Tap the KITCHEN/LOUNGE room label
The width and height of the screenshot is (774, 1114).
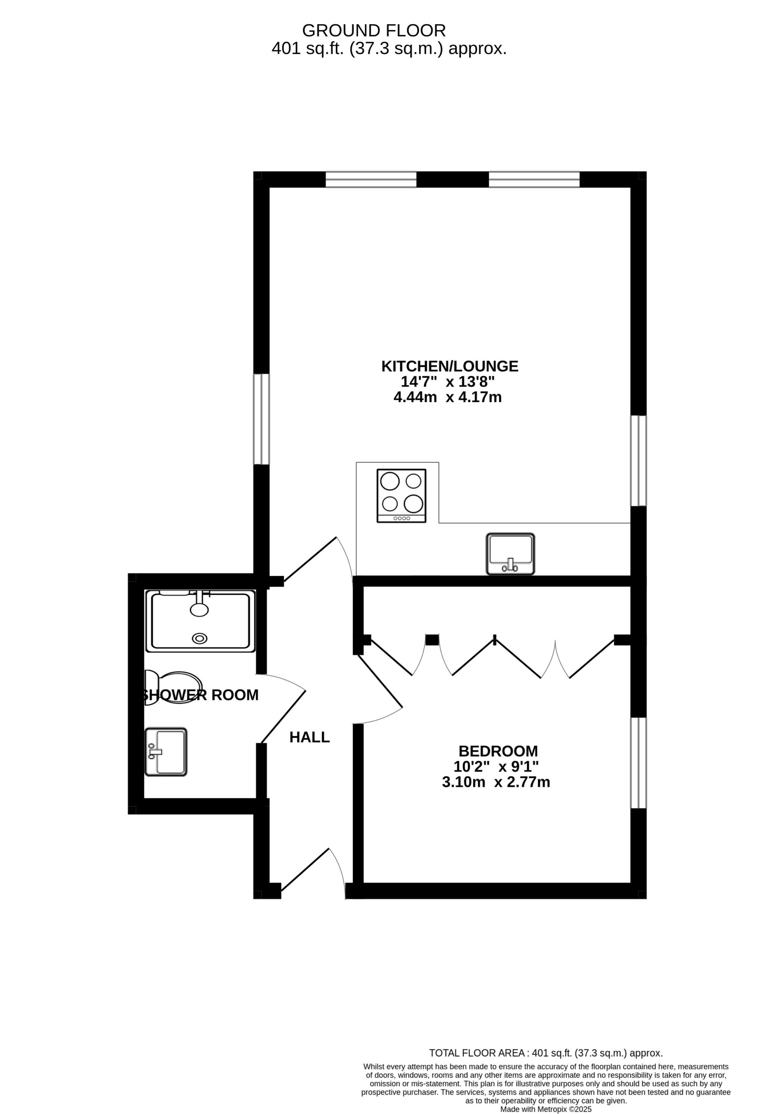(x=449, y=366)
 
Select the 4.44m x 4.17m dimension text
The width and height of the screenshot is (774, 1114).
(x=447, y=397)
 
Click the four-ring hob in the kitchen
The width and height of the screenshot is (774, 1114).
(x=402, y=495)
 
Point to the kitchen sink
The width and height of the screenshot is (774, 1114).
(x=510, y=554)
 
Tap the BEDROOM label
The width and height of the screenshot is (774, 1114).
(x=498, y=751)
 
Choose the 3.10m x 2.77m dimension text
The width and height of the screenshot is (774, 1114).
(x=495, y=782)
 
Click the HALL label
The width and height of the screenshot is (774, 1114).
(x=310, y=737)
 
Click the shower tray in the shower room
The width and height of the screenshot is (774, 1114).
(x=200, y=621)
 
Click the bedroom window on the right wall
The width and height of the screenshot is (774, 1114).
(x=638, y=763)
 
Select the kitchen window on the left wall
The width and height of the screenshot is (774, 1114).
(x=261, y=419)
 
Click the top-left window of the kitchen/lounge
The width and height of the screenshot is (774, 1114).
(x=371, y=179)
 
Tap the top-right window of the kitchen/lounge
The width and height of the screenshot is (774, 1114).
(x=534, y=179)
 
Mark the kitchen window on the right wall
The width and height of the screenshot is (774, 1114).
(x=638, y=461)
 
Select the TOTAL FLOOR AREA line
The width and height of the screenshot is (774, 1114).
(x=545, y=1053)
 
